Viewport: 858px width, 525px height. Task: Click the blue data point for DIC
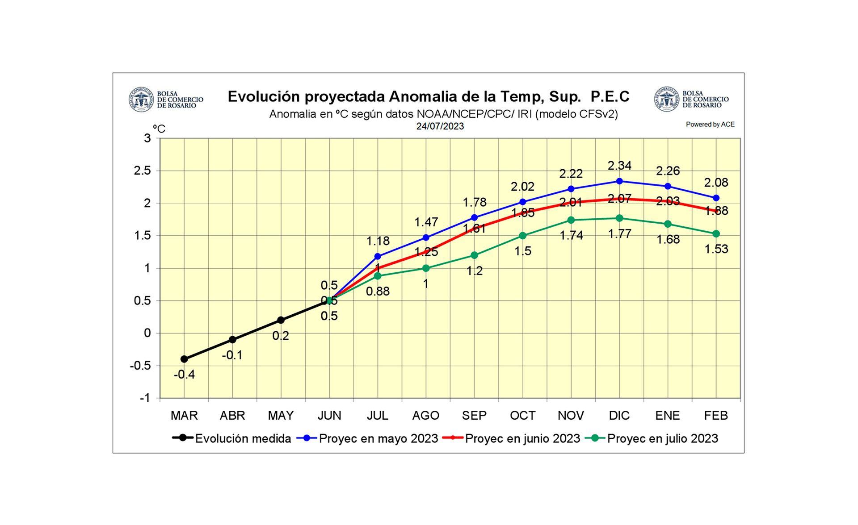(x=619, y=181)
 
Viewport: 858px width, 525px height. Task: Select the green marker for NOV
(x=571, y=220)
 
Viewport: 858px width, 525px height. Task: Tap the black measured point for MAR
(x=184, y=359)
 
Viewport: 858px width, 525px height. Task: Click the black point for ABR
(x=232, y=340)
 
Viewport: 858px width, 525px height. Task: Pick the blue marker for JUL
(x=378, y=256)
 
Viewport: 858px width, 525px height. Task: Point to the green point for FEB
(x=716, y=234)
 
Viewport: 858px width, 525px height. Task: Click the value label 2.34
(x=619, y=166)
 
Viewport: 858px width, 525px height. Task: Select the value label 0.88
(x=378, y=292)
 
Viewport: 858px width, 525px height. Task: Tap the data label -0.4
(x=184, y=375)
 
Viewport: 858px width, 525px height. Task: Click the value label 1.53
(x=716, y=249)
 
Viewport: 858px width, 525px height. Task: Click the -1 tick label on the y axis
(x=145, y=398)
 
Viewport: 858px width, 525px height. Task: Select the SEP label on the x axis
(x=474, y=416)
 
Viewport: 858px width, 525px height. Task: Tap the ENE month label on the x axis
(x=668, y=416)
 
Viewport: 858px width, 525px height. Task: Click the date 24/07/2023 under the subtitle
(x=440, y=126)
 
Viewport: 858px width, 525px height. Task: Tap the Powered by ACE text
(x=710, y=125)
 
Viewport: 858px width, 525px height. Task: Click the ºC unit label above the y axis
(x=159, y=129)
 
